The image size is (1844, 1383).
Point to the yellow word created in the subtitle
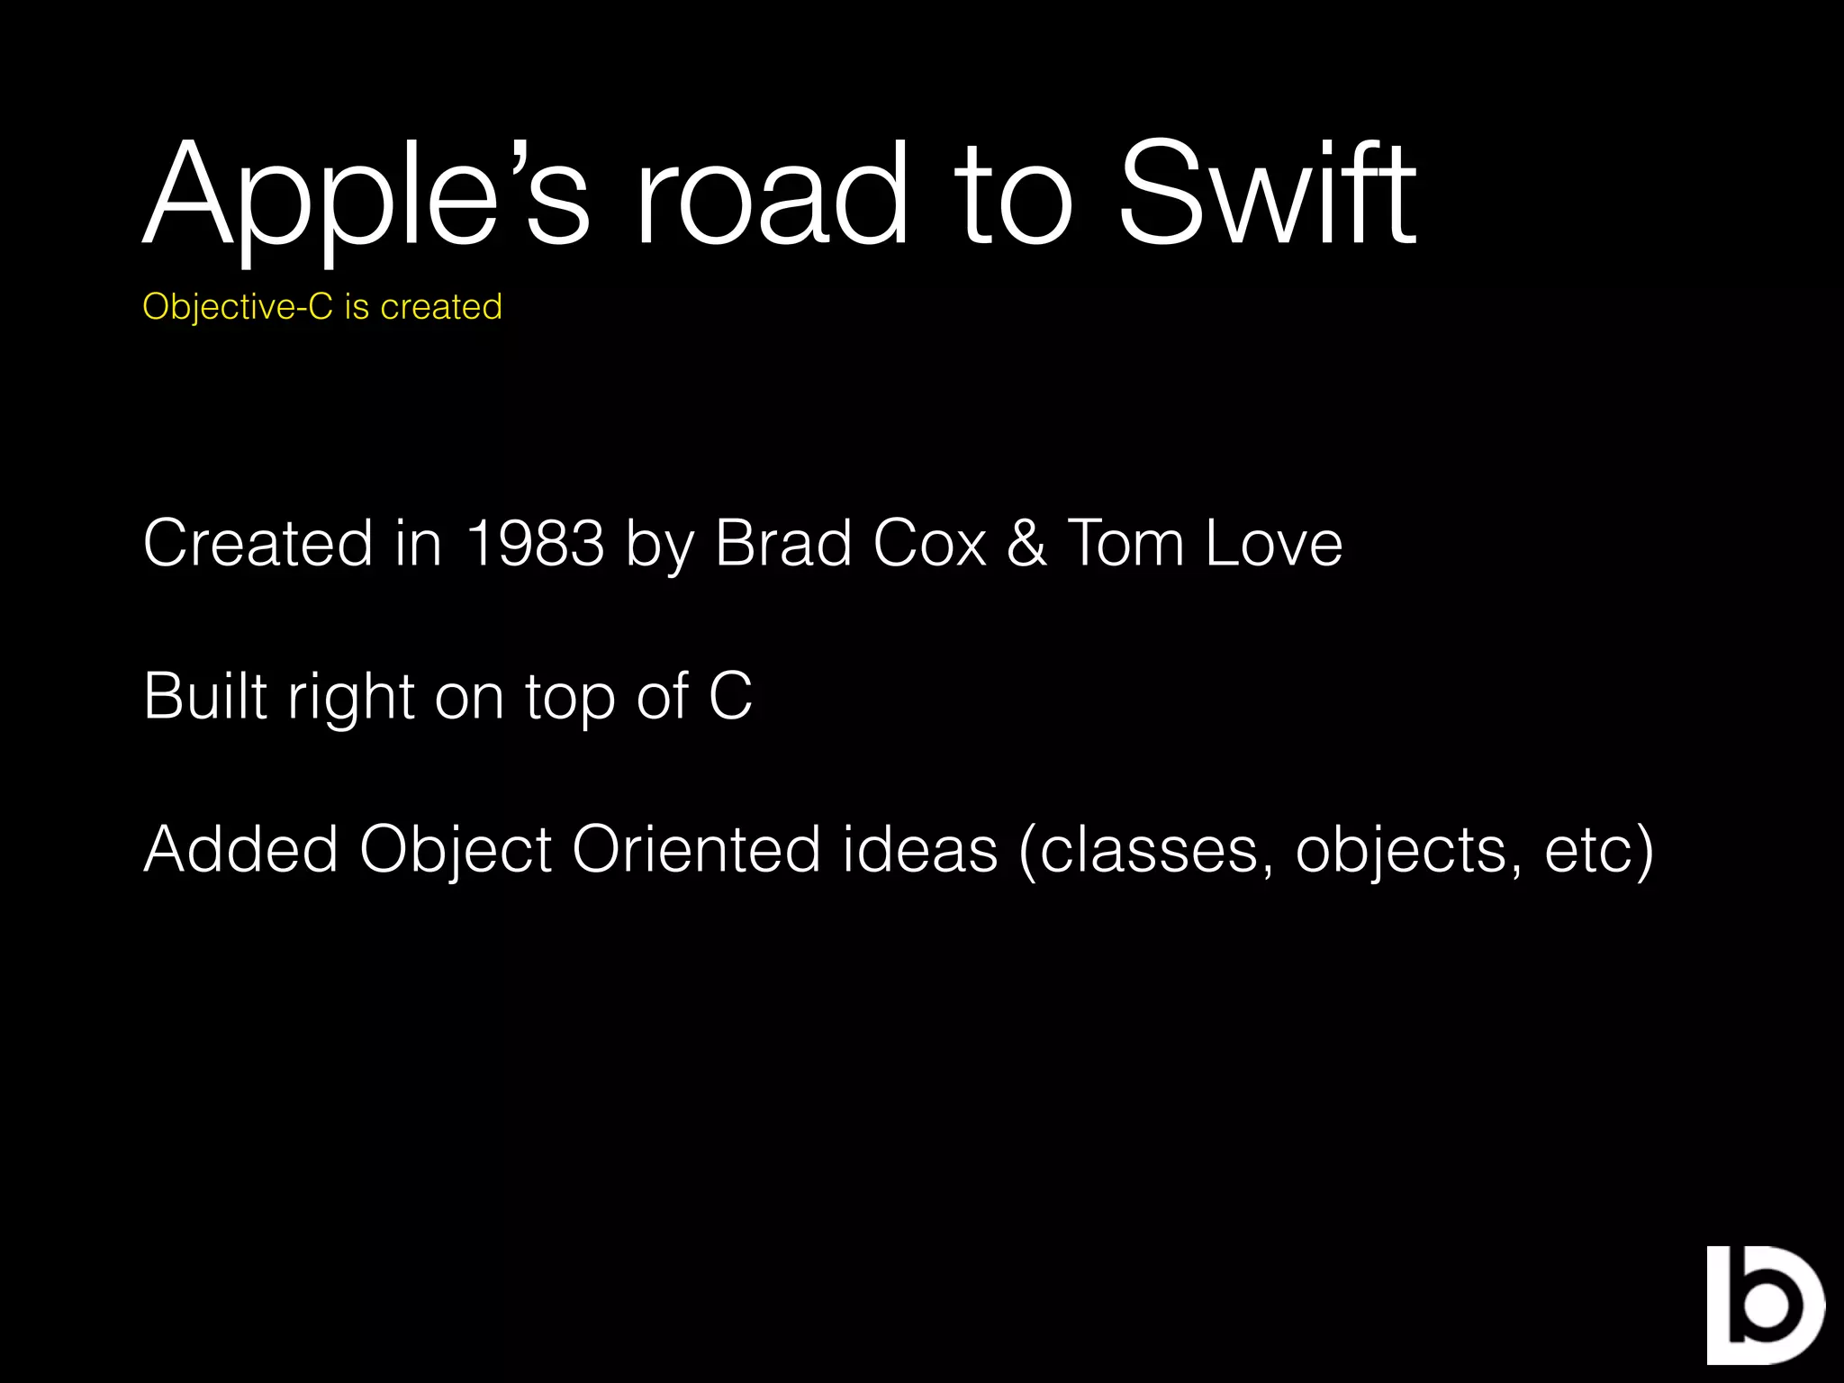pyautogui.click(x=441, y=307)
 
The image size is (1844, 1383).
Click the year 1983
pyautogui.click(x=535, y=543)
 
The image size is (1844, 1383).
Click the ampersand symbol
pyautogui.click(x=1027, y=543)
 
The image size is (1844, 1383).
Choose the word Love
pyautogui.click(x=1273, y=543)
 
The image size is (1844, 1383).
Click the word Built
pyautogui.click(x=205, y=696)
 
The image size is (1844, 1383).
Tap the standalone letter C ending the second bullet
pyautogui.click(x=730, y=696)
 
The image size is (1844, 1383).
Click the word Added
pyautogui.click(x=240, y=849)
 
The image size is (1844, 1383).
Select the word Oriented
pyautogui.click(x=696, y=849)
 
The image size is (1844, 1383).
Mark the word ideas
pyautogui.click(x=920, y=849)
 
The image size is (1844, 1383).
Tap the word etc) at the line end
pyautogui.click(x=1599, y=851)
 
